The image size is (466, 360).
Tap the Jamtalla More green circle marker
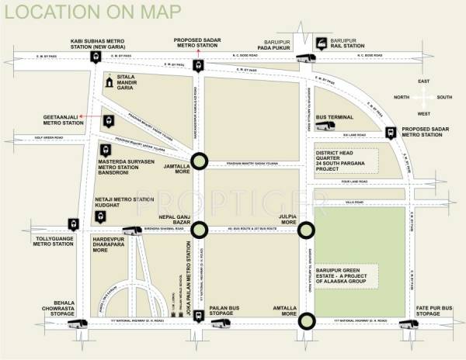click(x=200, y=161)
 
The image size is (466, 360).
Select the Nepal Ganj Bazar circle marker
click(x=200, y=229)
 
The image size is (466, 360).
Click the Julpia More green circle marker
click(x=307, y=229)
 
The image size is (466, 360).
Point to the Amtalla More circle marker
click(x=307, y=320)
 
